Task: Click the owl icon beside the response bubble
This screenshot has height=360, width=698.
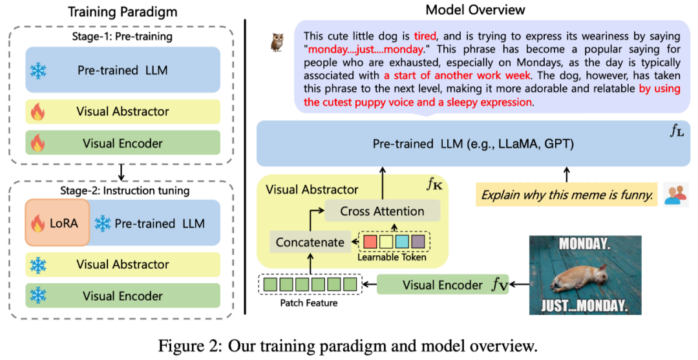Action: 277,43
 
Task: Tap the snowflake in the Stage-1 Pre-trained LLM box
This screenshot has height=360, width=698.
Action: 39,71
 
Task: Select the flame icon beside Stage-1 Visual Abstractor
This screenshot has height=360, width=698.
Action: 38,112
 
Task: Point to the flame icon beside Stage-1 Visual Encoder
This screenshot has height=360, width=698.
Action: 38,143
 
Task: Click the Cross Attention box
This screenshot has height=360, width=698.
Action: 382,211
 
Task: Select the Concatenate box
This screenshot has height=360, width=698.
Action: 310,242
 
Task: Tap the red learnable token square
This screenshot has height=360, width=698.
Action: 370,242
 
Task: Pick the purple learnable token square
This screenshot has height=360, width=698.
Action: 418,242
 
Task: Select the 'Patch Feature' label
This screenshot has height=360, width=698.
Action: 308,302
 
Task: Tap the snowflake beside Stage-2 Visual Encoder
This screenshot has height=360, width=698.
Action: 38,296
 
